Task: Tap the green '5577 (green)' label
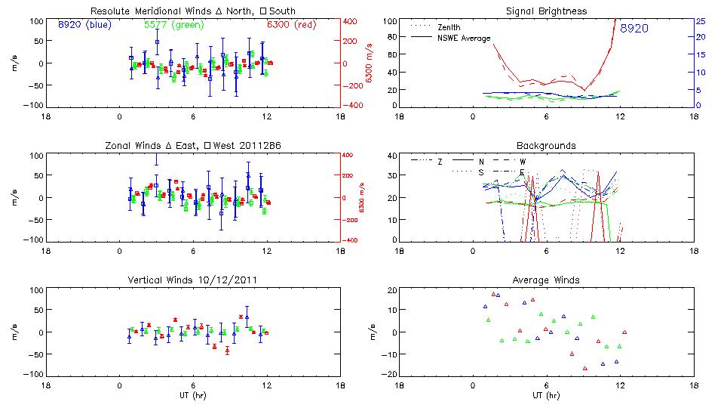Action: (171, 24)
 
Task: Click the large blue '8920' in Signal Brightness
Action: (633, 29)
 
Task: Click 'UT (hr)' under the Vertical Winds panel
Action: (193, 395)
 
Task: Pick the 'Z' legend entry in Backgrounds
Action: (440, 161)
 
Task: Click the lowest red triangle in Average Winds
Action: (584, 369)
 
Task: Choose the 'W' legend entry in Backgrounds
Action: (523, 161)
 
